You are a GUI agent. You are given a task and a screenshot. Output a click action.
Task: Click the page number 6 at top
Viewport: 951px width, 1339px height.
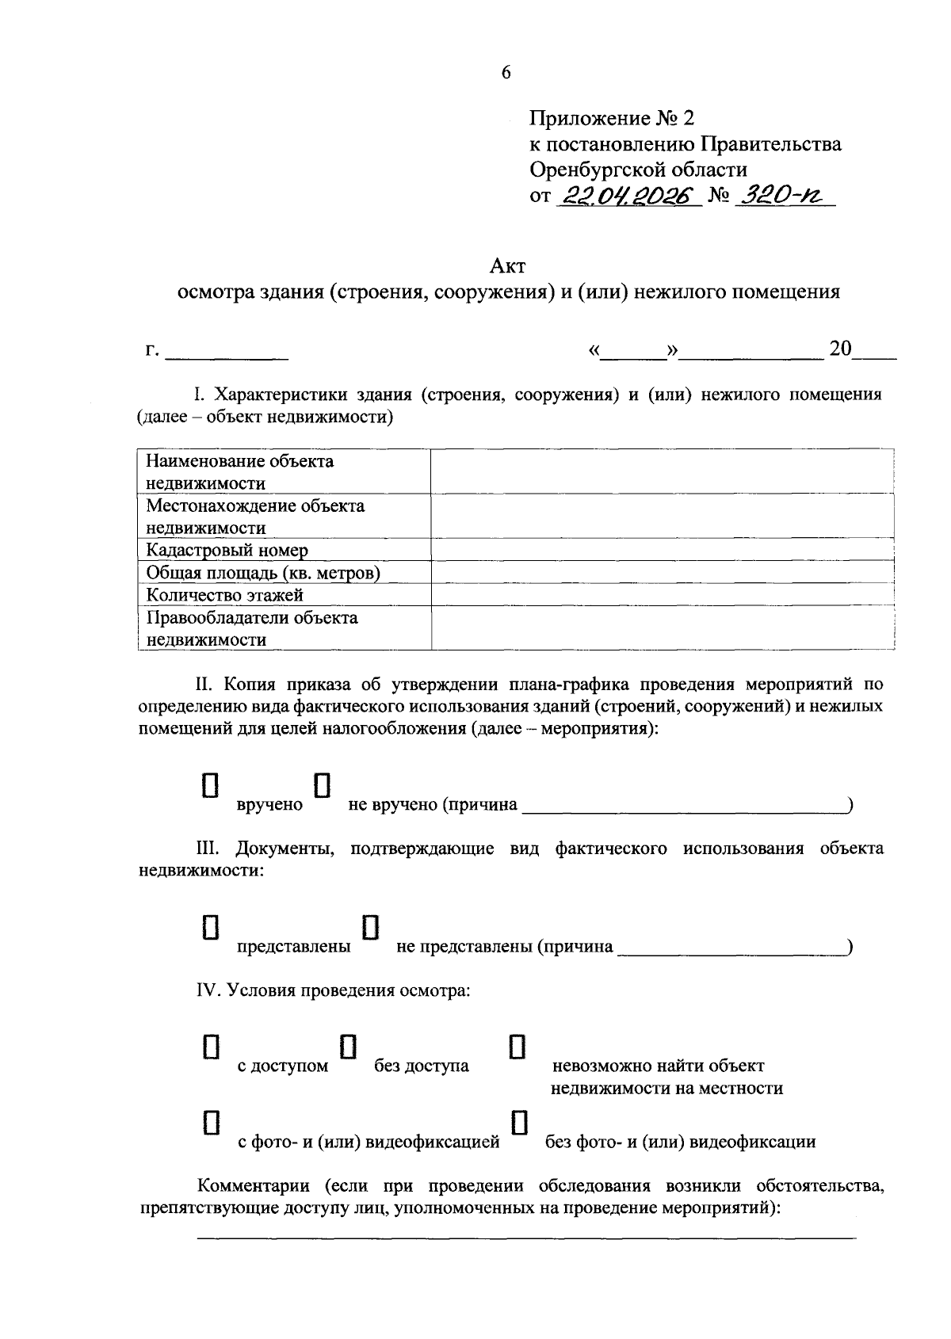coord(506,73)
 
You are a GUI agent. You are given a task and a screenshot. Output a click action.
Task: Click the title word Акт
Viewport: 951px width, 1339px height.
coord(507,265)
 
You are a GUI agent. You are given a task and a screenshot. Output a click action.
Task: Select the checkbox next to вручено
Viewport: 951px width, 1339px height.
coord(210,784)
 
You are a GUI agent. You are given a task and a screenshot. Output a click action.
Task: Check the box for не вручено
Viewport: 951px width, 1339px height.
coord(323,784)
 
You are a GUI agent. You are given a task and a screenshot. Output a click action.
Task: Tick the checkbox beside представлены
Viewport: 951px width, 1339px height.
coord(210,927)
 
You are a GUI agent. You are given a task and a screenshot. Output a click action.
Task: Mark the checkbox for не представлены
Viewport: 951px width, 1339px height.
coord(370,927)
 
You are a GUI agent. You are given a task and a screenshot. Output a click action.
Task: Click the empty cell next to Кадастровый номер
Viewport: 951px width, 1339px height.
coord(662,550)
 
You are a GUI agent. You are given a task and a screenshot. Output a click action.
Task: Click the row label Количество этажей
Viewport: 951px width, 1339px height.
coord(225,595)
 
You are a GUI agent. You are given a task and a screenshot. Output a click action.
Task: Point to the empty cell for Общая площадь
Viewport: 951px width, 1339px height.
coord(662,573)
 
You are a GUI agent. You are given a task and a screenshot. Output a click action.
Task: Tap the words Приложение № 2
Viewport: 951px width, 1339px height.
coord(611,119)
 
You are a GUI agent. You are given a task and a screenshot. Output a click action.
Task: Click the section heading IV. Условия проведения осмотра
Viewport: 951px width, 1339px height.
coord(334,990)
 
